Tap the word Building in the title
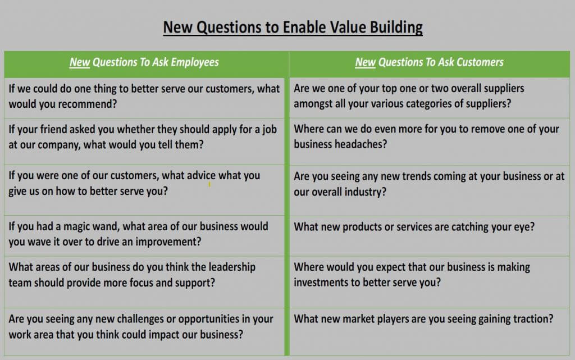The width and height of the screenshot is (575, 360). click(x=396, y=28)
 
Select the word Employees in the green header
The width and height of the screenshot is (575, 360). click(x=195, y=63)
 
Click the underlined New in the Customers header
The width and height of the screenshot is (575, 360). click(x=365, y=62)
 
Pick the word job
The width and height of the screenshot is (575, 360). click(x=270, y=130)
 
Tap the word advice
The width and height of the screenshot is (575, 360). click(x=202, y=176)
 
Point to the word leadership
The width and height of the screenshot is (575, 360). click(x=232, y=267)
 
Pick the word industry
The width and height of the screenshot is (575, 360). click(x=366, y=192)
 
